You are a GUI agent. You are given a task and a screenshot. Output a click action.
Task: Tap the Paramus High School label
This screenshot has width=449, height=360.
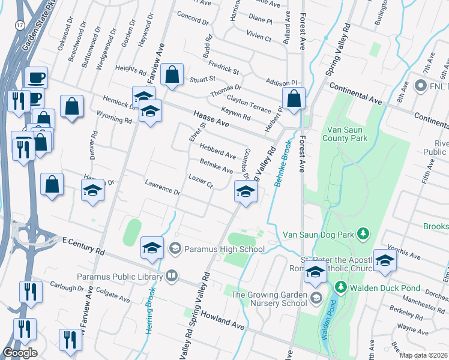click(x=224, y=249)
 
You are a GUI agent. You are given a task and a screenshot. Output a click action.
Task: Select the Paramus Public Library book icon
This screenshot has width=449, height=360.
click(x=172, y=276)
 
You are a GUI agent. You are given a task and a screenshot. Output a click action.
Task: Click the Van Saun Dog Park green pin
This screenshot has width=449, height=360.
click(x=363, y=233)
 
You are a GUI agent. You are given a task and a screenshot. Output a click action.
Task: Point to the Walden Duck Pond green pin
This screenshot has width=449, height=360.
click(x=340, y=288)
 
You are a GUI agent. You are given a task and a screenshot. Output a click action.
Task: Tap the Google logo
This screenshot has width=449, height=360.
click(x=20, y=352)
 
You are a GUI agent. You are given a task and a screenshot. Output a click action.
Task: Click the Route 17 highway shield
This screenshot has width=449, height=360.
click(x=20, y=26)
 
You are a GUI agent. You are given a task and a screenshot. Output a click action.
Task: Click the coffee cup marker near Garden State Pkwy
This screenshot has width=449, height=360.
click(x=36, y=77)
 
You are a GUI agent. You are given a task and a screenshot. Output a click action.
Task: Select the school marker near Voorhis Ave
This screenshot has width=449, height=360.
click(x=385, y=260)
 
